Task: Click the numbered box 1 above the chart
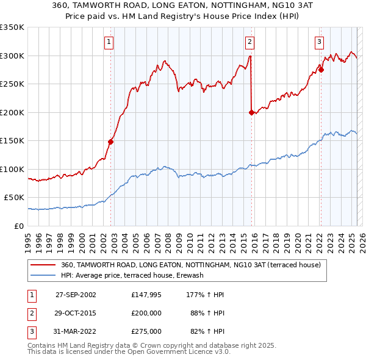point(109,42)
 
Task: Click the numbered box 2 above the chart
point(250,42)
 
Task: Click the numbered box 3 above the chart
point(319,42)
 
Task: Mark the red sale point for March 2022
point(321,70)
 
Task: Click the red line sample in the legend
point(43,265)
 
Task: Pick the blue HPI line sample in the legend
point(43,275)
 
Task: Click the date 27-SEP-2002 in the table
point(76,294)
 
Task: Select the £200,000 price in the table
point(146,313)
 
